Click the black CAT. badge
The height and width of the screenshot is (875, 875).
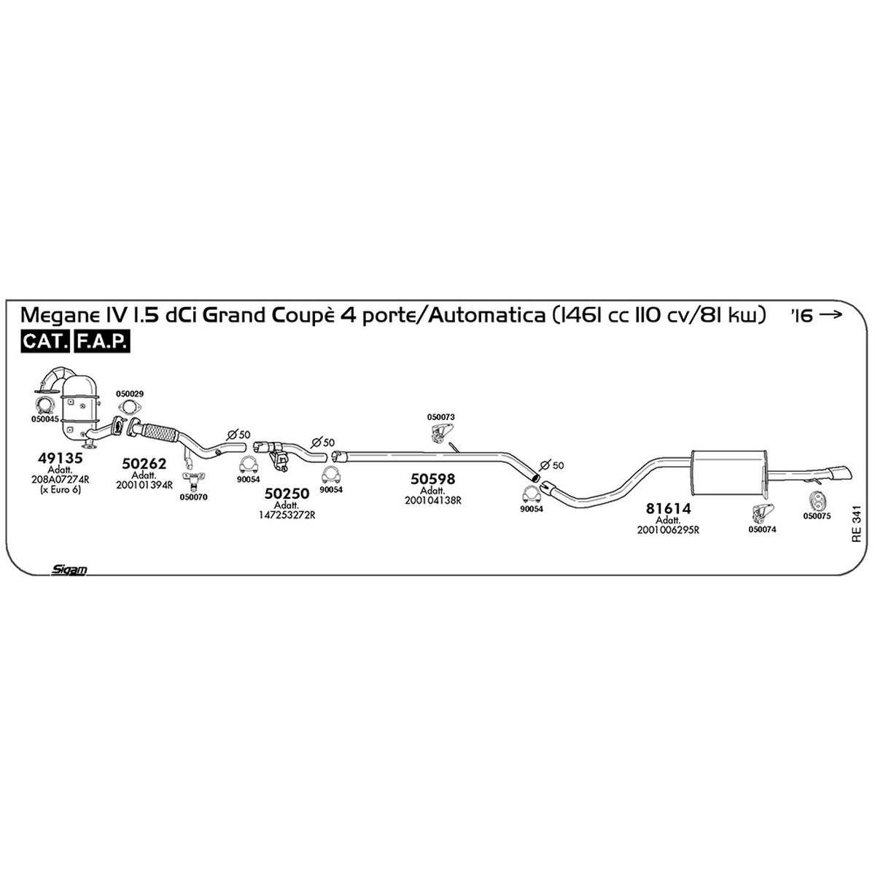(x=45, y=341)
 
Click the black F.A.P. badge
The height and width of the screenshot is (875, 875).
(x=101, y=341)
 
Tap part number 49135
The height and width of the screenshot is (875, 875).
(x=61, y=458)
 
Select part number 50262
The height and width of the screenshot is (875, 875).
(x=144, y=463)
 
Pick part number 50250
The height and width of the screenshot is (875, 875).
(x=287, y=493)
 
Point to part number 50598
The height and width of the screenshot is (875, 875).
(x=432, y=478)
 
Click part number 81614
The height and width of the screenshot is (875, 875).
(x=668, y=508)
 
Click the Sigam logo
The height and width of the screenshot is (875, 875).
(x=69, y=569)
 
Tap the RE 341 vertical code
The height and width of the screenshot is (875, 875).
(x=856, y=524)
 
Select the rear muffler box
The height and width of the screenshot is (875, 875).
(x=728, y=473)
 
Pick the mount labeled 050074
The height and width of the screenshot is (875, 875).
(x=762, y=513)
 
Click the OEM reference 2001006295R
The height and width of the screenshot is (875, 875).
(x=668, y=530)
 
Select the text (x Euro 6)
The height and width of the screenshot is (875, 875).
(x=61, y=489)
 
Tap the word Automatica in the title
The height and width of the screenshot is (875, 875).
(x=486, y=315)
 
